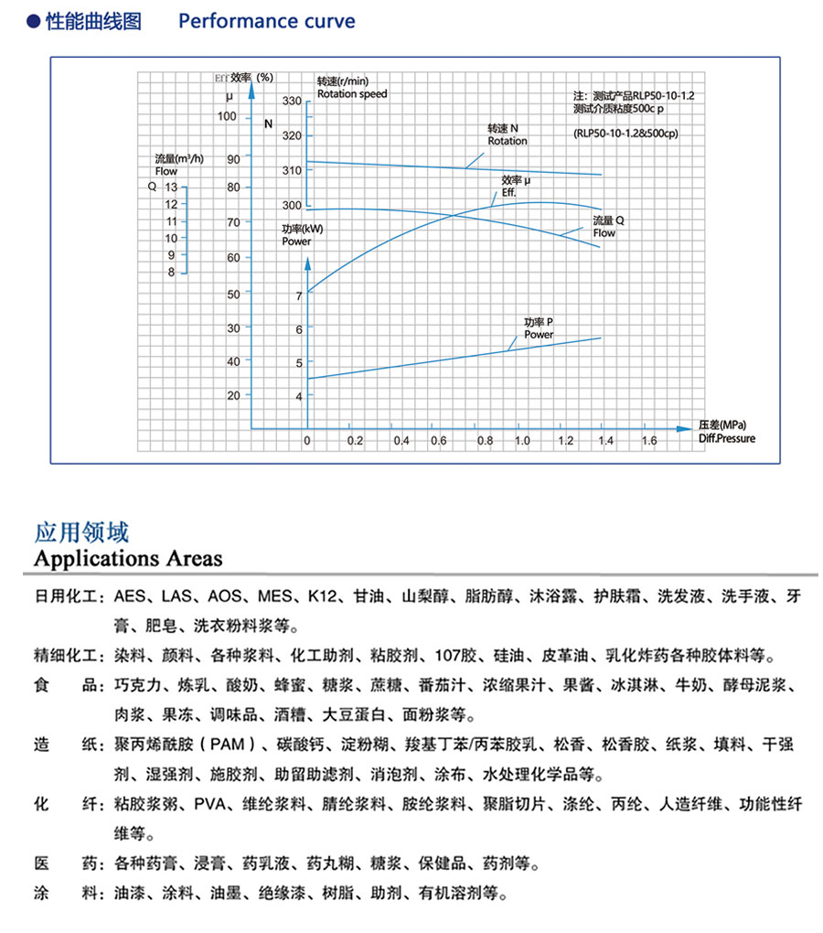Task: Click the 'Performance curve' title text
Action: [x=266, y=21]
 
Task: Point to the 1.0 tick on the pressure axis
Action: [x=522, y=441]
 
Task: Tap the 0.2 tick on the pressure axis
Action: [x=355, y=441]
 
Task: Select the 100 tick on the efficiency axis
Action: [x=228, y=116]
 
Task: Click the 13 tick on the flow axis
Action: [x=171, y=187]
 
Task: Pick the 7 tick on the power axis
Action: [x=298, y=295]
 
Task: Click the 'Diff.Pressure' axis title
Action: [x=727, y=439]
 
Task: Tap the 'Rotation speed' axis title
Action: [x=352, y=94]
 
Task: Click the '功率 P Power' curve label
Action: [x=539, y=329]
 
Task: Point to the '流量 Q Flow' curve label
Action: [x=608, y=227]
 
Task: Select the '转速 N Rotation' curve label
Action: [x=508, y=135]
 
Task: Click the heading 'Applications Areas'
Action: [x=128, y=558]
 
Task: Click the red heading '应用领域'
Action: [x=81, y=532]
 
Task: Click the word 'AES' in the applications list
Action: [x=130, y=597]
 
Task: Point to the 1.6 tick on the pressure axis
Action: [x=647, y=441]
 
